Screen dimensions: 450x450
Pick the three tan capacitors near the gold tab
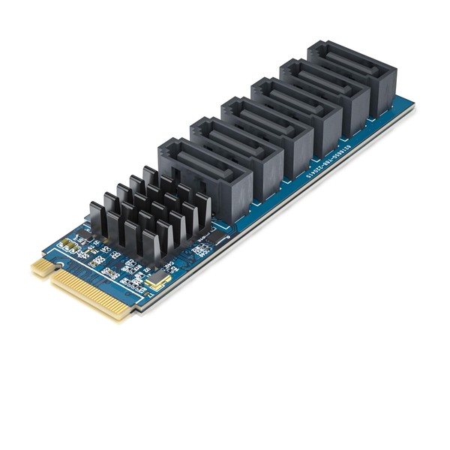[x=69, y=245]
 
